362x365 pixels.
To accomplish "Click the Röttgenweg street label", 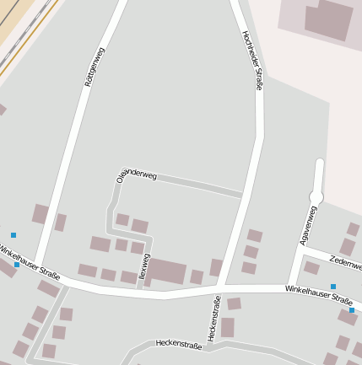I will [95, 67].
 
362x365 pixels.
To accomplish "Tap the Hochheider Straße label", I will [252, 60].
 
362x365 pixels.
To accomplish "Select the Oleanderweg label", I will [137, 175].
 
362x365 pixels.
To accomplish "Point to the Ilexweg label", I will [143, 266].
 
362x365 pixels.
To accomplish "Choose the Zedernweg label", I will [346, 264].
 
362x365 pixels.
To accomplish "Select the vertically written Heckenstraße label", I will [213, 318].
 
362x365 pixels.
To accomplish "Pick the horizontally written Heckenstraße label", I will [178, 344].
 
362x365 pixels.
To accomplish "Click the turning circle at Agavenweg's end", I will [316, 197].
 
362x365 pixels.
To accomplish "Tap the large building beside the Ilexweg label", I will [167, 271].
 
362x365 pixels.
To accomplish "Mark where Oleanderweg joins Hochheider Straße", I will [242, 195].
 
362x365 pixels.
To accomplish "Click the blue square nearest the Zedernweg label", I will [333, 287].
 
